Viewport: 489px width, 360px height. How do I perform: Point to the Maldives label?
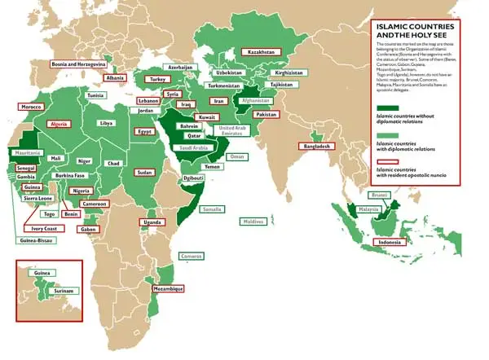click(x=254, y=221)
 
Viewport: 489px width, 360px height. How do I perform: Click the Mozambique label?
click(x=167, y=288)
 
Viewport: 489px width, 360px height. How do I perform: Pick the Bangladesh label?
click(x=317, y=147)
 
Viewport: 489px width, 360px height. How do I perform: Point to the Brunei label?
click(x=379, y=195)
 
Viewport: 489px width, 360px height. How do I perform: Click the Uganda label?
click(x=152, y=222)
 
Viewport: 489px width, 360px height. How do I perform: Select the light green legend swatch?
click(x=390, y=134)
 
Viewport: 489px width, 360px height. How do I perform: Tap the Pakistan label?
click(x=267, y=115)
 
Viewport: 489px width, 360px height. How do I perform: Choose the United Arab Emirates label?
click(x=231, y=133)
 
